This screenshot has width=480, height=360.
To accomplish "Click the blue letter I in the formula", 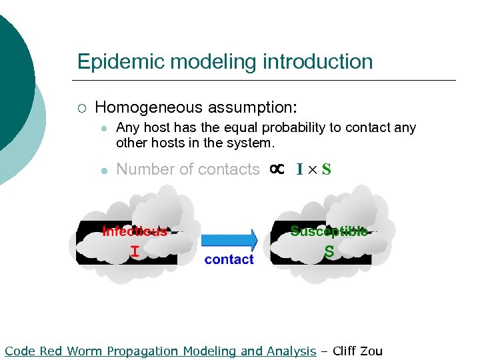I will [300, 169].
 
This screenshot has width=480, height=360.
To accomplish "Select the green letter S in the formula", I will [326, 169].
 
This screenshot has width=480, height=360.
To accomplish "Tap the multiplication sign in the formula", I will [313, 170].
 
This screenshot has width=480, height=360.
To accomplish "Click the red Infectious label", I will [134, 231].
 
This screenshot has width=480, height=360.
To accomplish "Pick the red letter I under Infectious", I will [135, 251].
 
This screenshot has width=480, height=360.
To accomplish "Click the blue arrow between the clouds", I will [229, 239].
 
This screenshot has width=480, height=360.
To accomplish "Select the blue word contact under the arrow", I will [229, 259].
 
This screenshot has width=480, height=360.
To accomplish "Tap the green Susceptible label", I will [329, 231].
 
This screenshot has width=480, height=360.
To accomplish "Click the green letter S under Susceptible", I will [329, 253].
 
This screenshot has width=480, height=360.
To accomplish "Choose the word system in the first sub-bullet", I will [252, 143].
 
